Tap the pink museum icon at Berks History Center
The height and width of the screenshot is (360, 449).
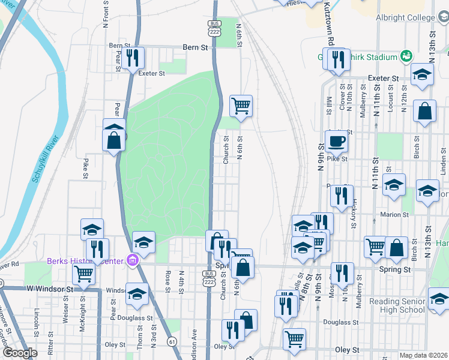(x=134, y=260)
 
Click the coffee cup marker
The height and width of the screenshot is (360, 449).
(x=336, y=142)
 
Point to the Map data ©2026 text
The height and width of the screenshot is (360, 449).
(x=423, y=355)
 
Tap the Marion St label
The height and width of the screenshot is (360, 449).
(x=394, y=214)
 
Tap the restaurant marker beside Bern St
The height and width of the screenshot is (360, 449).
(x=134, y=58)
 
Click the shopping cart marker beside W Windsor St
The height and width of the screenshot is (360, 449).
(x=83, y=274)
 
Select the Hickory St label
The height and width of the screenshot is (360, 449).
(x=355, y=208)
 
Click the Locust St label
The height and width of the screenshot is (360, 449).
(x=391, y=95)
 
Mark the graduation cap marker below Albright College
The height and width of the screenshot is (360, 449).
(x=423, y=75)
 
